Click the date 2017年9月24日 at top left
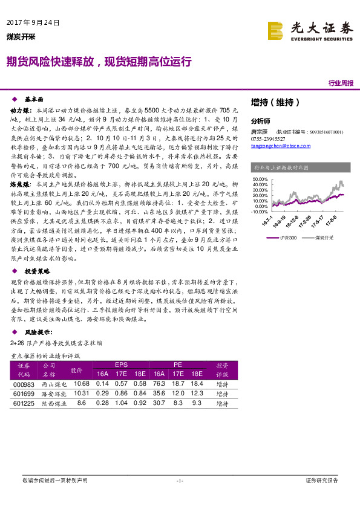[33, 23]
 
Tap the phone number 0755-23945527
[269, 138]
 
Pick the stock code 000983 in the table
[24, 383]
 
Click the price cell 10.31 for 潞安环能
[81, 393]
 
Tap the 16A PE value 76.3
[160, 383]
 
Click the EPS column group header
[121, 365]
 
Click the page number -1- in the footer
[179, 480]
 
